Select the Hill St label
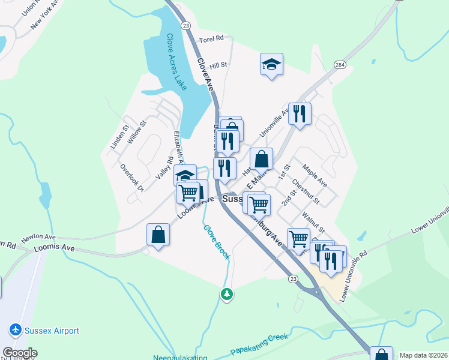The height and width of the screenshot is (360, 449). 218,65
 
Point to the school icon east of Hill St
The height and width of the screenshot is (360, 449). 271,64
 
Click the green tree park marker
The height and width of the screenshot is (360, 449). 226,294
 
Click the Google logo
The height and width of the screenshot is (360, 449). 20,353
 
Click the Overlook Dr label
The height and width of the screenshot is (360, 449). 132,178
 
